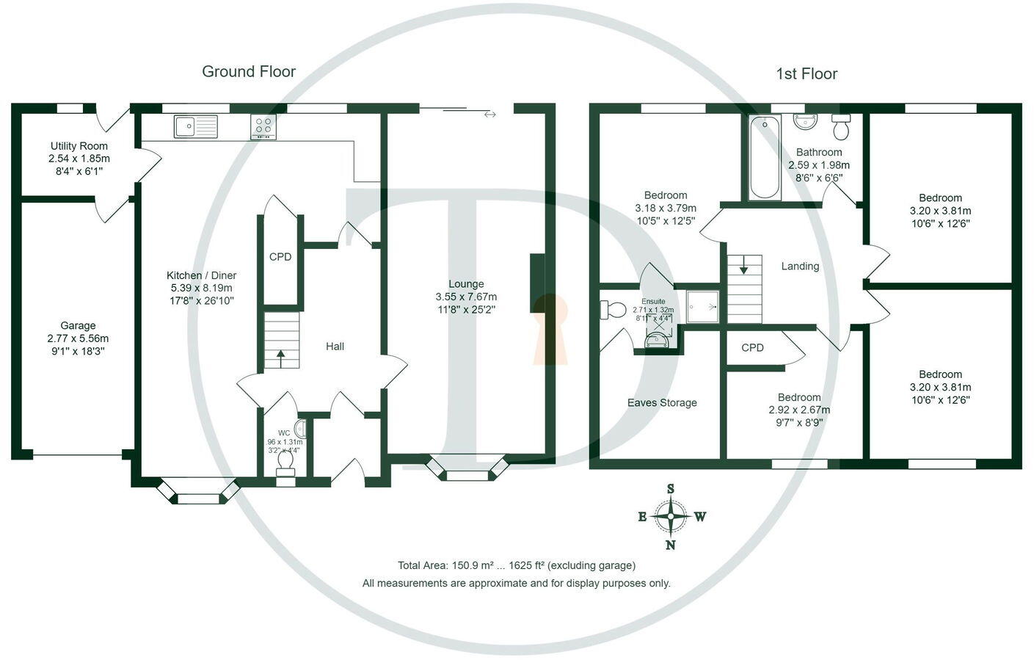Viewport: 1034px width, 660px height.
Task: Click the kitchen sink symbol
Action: pos(196,126)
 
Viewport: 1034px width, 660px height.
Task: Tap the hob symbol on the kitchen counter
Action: pos(263,126)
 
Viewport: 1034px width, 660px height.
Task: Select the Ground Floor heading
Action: pos(249,71)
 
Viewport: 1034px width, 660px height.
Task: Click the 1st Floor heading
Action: pos(807,73)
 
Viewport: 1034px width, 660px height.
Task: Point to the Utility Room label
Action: pos(79,146)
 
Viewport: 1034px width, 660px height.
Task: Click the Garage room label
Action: pos(78,325)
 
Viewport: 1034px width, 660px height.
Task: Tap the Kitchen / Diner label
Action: pos(202,275)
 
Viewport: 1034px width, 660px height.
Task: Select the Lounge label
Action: pos(466,284)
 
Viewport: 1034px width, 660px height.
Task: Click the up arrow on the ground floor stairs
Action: pos(281,358)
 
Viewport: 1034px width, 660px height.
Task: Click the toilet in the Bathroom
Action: pos(841,128)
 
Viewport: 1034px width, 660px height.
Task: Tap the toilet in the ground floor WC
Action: pos(285,460)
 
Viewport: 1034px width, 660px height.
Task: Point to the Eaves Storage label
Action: pos(662,402)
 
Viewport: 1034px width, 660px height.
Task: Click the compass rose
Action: pos(671,516)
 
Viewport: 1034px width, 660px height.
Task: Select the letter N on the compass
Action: pos(671,545)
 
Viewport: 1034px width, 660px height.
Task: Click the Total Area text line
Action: pos(517,565)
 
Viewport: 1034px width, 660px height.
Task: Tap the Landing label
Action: pos(800,266)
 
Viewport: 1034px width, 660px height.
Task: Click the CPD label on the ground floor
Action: pos(280,257)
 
